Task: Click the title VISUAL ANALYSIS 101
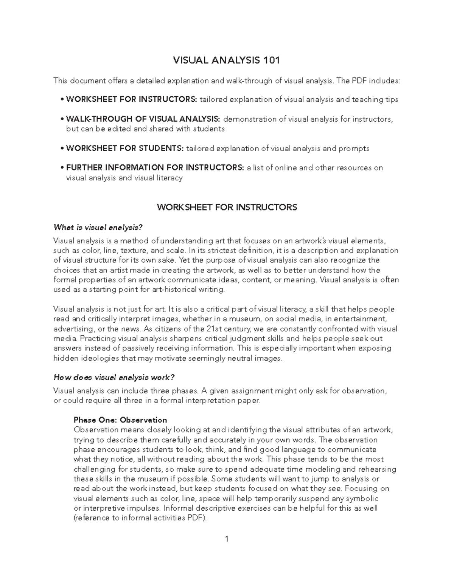pos(226,60)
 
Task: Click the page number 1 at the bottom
pos(227,539)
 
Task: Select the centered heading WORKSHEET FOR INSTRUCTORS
pos(227,207)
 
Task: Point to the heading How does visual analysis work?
pos(114,377)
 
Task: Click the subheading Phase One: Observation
pos(120,420)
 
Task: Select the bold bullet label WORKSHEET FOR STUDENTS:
pos(125,149)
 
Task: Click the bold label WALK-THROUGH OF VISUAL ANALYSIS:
pos(143,119)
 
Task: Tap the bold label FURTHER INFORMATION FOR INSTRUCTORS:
pos(155,168)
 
